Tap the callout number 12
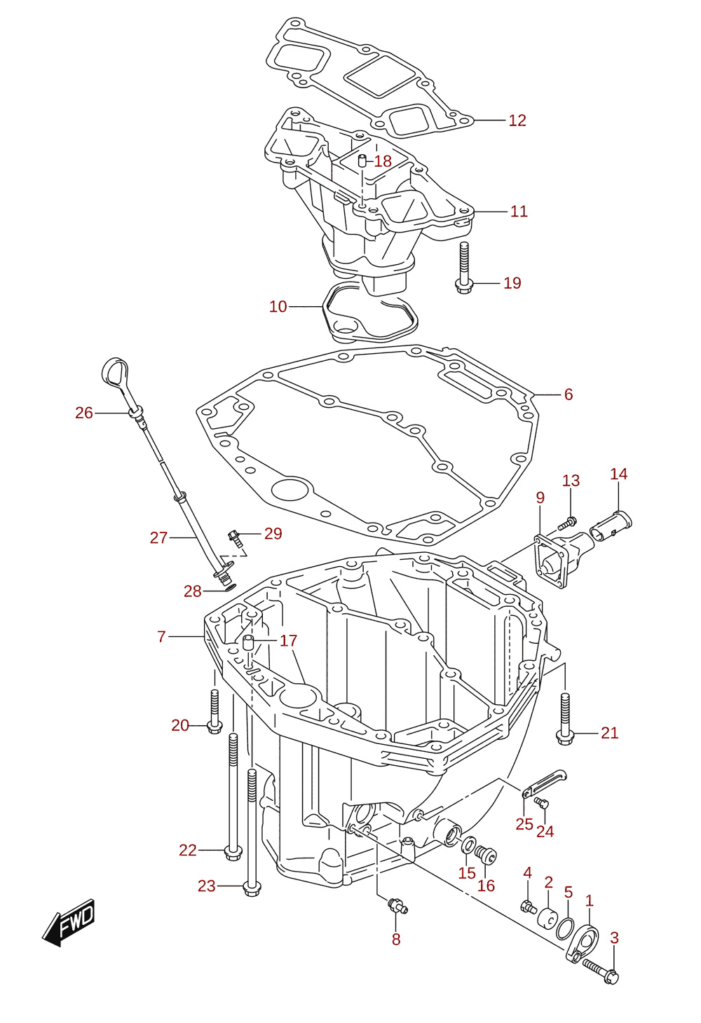(x=517, y=121)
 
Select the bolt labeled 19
(x=463, y=268)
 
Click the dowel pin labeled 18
(x=362, y=160)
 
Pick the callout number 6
(x=568, y=394)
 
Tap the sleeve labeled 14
(x=611, y=524)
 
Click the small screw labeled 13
(x=568, y=523)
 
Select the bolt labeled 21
(x=565, y=720)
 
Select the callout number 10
(x=278, y=306)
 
